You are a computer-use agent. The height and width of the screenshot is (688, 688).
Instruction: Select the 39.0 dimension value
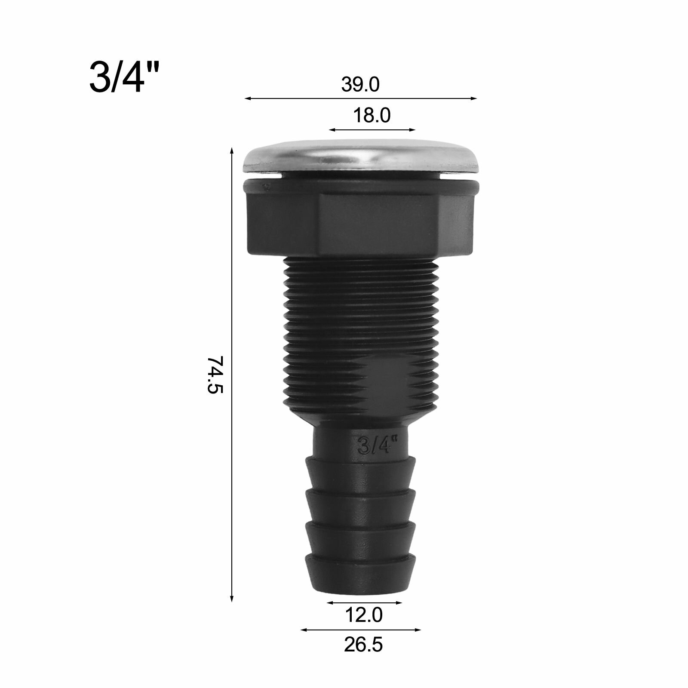coord(360,85)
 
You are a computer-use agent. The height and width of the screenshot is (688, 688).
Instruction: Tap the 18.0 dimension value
coord(372,116)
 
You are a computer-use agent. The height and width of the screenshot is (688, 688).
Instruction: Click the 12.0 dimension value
coord(363,615)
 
